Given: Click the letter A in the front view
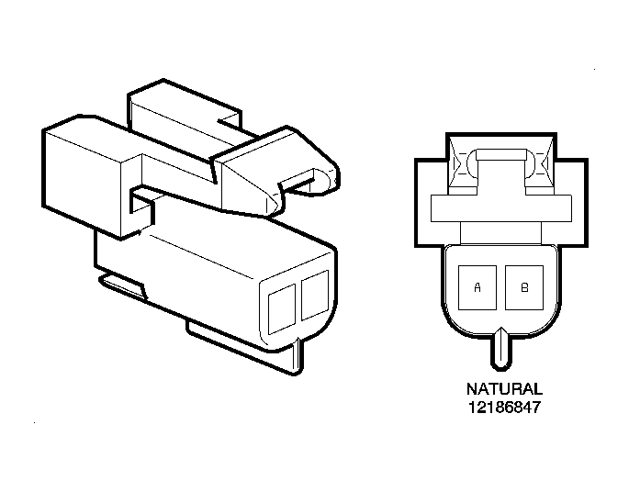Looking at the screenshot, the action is [x=477, y=287].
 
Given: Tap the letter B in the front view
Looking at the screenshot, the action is [x=524, y=287].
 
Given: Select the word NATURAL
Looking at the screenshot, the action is [x=504, y=389].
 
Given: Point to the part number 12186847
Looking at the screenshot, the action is [x=504, y=408].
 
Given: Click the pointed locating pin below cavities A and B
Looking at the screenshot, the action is [x=501, y=348].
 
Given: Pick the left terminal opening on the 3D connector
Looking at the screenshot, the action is [x=282, y=308].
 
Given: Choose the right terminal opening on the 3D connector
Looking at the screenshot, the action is [x=315, y=296].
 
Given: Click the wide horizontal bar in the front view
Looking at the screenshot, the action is [x=501, y=208].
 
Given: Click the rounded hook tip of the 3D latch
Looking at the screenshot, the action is [x=328, y=180].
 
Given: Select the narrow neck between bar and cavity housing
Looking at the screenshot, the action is [x=501, y=233].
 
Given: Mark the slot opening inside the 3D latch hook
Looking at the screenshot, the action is [x=298, y=183].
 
